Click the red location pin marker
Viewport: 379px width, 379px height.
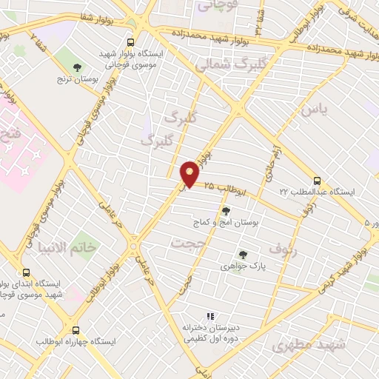click(190, 173)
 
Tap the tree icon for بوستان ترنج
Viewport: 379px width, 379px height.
click(78, 69)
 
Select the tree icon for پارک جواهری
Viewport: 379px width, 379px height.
click(243, 255)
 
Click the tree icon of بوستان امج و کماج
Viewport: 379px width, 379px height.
click(226, 211)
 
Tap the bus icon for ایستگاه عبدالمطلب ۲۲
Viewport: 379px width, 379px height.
click(318, 181)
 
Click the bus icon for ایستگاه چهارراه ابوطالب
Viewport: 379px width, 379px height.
click(78, 331)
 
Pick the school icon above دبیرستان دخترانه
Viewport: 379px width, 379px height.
click(210, 316)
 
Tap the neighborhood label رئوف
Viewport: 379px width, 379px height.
click(283, 249)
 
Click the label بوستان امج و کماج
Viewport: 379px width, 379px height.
click(227, 222)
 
